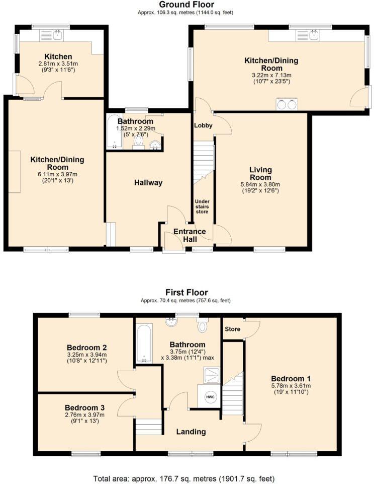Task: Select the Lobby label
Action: click(204, 125)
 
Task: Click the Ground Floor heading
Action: click(187, 4)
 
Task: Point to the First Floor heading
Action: click(186, 293)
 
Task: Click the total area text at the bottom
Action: click(184, 478)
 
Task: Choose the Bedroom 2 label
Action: click(86, 348)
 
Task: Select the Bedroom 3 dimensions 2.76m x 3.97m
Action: click(84, 415)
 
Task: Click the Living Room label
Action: click(259, 174)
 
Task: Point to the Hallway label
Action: click(148, 183)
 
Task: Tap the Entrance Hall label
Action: click(190, 235)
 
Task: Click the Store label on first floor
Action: click(233, 329)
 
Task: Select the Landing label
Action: click(191, 432)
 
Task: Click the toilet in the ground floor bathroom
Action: click(139, 141)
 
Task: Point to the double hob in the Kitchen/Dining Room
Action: click(286, 105)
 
